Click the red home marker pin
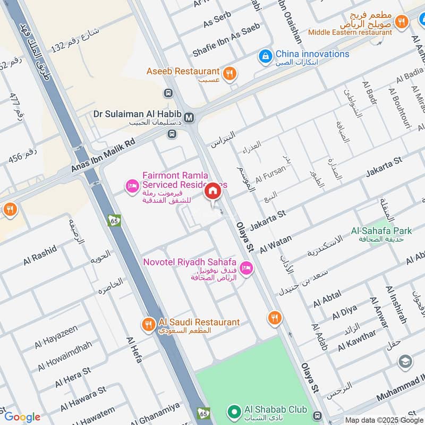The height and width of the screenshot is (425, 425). (212, 191)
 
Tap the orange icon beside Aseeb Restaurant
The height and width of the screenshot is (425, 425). (229, 73)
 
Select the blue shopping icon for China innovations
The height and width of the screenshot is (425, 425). (264, 55)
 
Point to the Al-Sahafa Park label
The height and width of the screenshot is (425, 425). (381, 232)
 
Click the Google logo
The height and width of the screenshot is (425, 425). (22, 417)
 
